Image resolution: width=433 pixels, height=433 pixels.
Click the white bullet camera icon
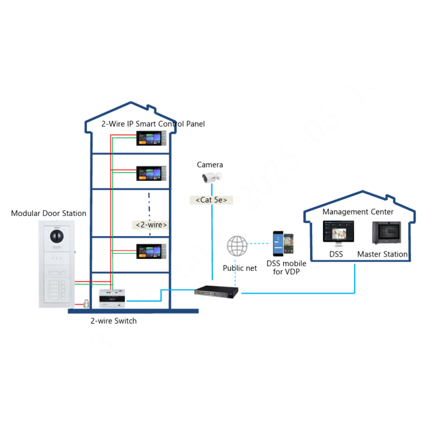coord(211,177)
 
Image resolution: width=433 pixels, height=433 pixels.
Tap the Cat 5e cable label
coord(211,200)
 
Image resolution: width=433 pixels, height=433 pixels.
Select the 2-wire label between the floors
coord(151,225)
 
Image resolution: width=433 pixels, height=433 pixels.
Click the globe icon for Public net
coord(237,246)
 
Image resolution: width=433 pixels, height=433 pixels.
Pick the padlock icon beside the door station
coord(86,303)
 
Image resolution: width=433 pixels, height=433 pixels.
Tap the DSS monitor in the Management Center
coord(338,233)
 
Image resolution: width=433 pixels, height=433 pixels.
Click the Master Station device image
coord(386,232)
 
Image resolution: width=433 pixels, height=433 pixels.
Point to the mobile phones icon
coord(283,244)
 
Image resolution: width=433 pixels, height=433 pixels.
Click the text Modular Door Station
coord(49,214)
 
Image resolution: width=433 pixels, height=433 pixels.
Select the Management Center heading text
coord(358,212)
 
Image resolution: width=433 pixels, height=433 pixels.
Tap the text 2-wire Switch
coord(114,321)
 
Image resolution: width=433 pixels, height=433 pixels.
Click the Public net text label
coord(240,268)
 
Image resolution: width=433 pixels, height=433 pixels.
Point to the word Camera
coord(210,165)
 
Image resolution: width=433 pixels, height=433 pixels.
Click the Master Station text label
coord(382,254)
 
